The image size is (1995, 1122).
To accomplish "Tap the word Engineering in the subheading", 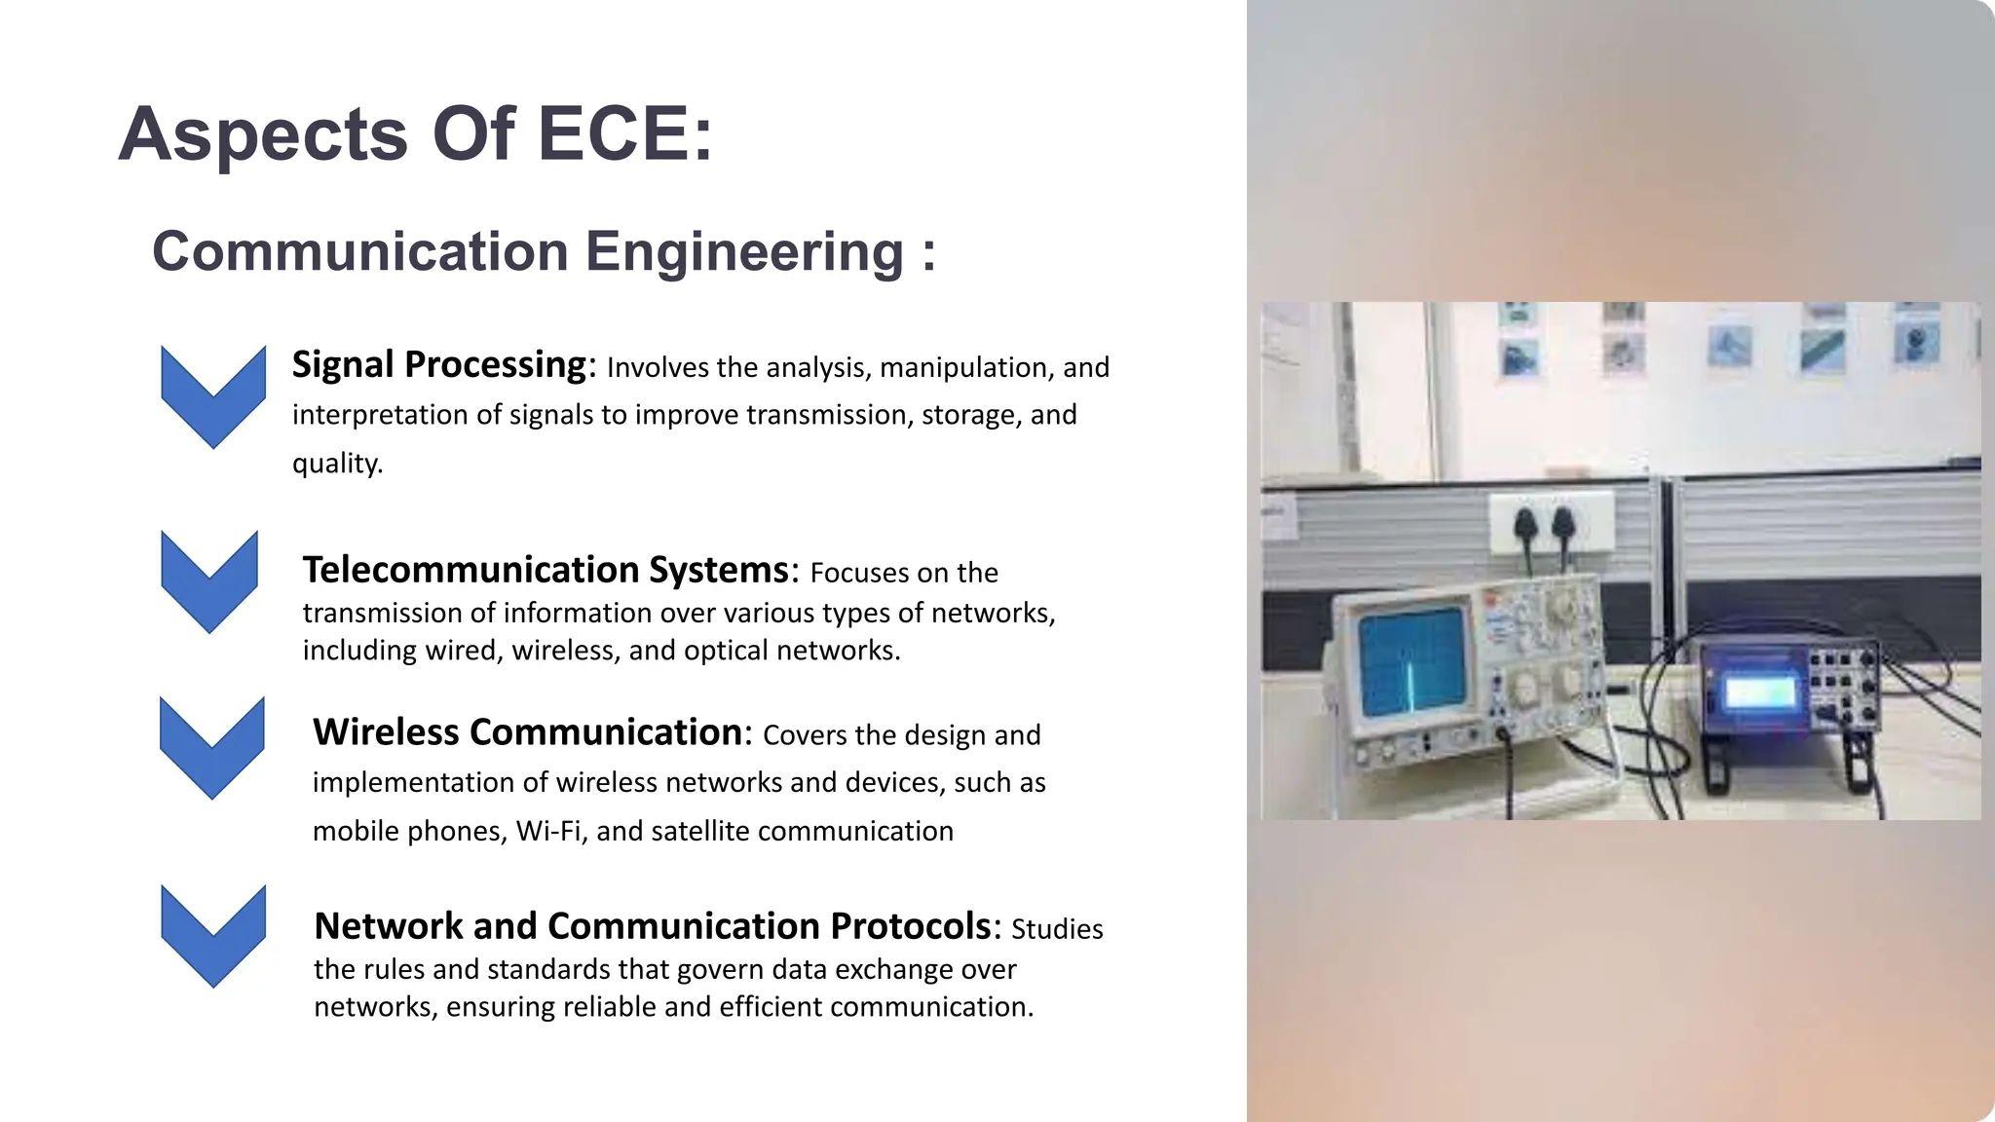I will click(x=744, y=251).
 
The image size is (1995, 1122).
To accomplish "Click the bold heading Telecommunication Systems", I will click(x=546, y=570).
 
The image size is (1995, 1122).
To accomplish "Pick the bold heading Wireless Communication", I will click(x=527, y=732).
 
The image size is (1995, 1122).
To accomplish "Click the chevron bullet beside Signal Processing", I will click(x=213, y=395).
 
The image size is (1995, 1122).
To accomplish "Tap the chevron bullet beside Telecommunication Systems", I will click(x=209, y=580).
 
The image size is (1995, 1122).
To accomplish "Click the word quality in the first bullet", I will click(x=336, y=463).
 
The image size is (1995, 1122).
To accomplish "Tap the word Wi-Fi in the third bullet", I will click(x=551, y=831).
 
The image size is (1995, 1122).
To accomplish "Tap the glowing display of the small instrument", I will click(x=1759, y=692).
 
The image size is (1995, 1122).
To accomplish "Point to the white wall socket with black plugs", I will click(x=1550, y=523).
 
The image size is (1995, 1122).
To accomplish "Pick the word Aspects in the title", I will click(x=263, y=133).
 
